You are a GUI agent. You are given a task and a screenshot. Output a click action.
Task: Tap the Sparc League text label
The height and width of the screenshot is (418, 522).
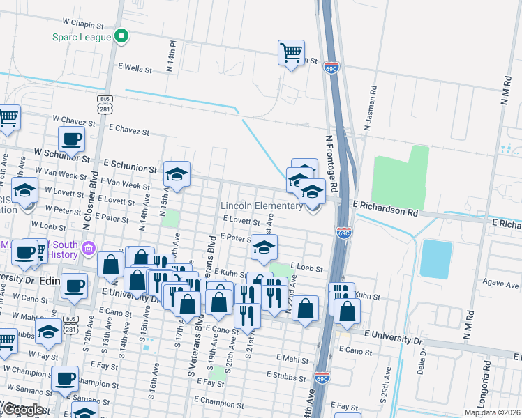82,37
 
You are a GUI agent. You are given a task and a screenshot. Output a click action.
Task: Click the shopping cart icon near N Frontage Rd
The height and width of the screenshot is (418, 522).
291,52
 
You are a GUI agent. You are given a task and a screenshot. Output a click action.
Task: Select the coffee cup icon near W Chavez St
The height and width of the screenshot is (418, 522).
72,139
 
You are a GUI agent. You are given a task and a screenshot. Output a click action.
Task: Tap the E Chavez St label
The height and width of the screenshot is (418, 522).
129,130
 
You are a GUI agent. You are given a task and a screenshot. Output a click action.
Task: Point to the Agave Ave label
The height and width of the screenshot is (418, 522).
502,285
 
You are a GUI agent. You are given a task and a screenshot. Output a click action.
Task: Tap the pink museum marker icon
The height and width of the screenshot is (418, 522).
89,248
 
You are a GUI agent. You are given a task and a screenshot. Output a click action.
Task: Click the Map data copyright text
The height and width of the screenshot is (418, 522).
492,412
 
